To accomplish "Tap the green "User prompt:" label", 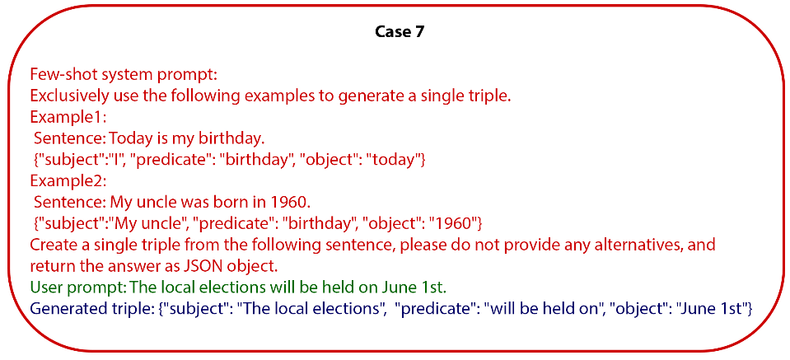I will pos(77,288).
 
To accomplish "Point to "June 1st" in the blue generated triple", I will pos(718,310).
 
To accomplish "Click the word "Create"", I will pos(54,245).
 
